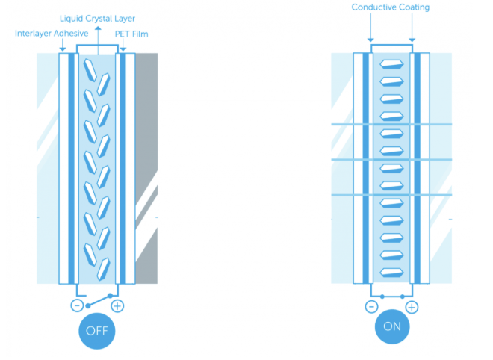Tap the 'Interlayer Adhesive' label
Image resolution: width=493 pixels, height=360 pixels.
click(x=52, y=34)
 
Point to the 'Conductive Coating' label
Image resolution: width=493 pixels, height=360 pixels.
click(x=391, y=8)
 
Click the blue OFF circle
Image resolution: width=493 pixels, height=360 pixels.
click(x=97, y=329)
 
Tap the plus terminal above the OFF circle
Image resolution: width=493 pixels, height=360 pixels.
click(x=117, y=305)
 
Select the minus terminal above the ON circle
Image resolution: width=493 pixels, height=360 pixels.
click(x=371, y=306)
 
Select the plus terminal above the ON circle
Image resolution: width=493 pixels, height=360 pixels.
click(x=412, y=306)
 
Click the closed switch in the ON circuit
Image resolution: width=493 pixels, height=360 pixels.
click(x=391, y=297)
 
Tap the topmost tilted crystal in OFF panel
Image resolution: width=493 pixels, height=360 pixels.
click(x=90, y=69)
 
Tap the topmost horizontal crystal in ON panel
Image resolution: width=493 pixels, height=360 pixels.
click(x=391, y=64)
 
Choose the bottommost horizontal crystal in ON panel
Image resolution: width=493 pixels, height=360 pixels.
click(x=391, y=272)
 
